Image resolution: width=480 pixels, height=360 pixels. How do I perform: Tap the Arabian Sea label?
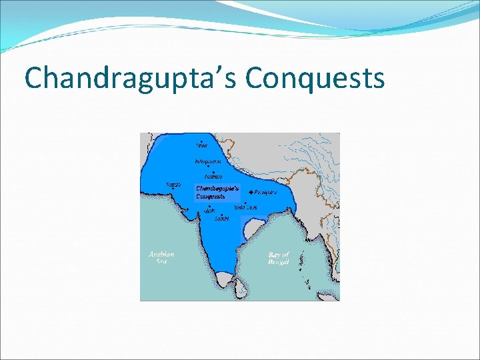tap(161, 257)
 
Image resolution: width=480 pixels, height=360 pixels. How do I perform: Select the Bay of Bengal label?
tap(279, 259)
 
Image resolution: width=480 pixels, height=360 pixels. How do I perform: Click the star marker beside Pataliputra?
tap(250, 192)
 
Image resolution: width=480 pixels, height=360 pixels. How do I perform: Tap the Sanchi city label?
tap(221, 219)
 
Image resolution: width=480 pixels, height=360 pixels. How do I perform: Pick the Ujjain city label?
tap(209, 211)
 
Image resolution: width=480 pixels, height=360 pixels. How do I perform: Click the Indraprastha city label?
tap(208, 161)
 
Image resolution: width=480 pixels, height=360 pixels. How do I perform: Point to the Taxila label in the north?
tap(202, 145)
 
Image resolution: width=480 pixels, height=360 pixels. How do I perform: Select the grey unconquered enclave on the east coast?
tap(252, 231)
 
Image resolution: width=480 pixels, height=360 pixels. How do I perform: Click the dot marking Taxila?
tap(201, 141)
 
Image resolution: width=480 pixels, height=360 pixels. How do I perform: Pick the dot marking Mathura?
tap(213, 171)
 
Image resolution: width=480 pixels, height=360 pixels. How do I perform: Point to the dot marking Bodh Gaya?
tap(245, 203)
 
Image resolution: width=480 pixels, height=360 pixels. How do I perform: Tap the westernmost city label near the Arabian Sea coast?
tap(173, 185)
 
